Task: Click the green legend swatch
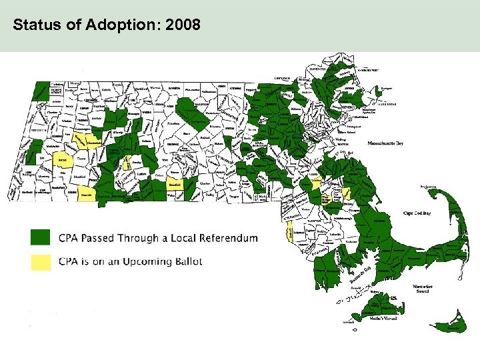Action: pos(40,237)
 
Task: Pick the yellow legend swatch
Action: pos(40,262)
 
